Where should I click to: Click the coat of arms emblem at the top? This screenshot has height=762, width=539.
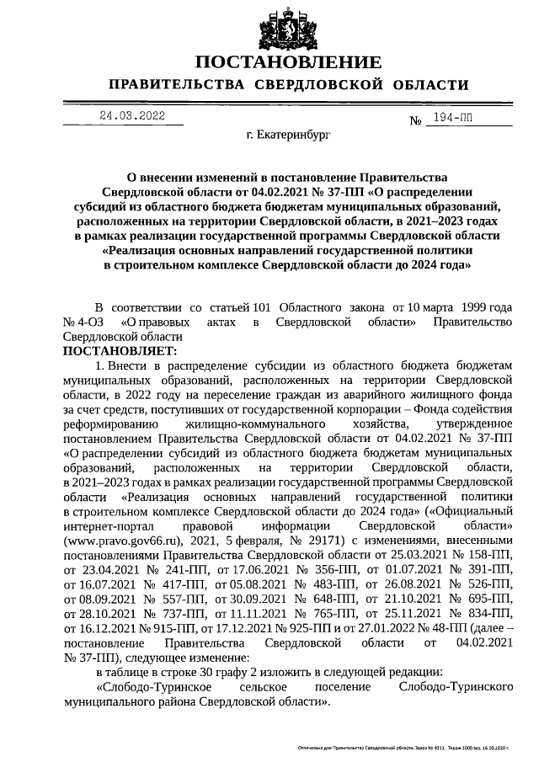tap(288, 25)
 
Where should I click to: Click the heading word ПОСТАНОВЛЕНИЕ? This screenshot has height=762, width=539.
tap(288, 63)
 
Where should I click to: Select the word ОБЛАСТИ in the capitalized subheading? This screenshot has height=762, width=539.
tap(427, 85)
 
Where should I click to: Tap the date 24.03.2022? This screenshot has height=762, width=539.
tap(132, 116)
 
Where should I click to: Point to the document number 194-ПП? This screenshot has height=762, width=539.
tap(450, 119)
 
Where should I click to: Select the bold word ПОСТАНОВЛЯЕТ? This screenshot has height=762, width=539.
tap(120, 349)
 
